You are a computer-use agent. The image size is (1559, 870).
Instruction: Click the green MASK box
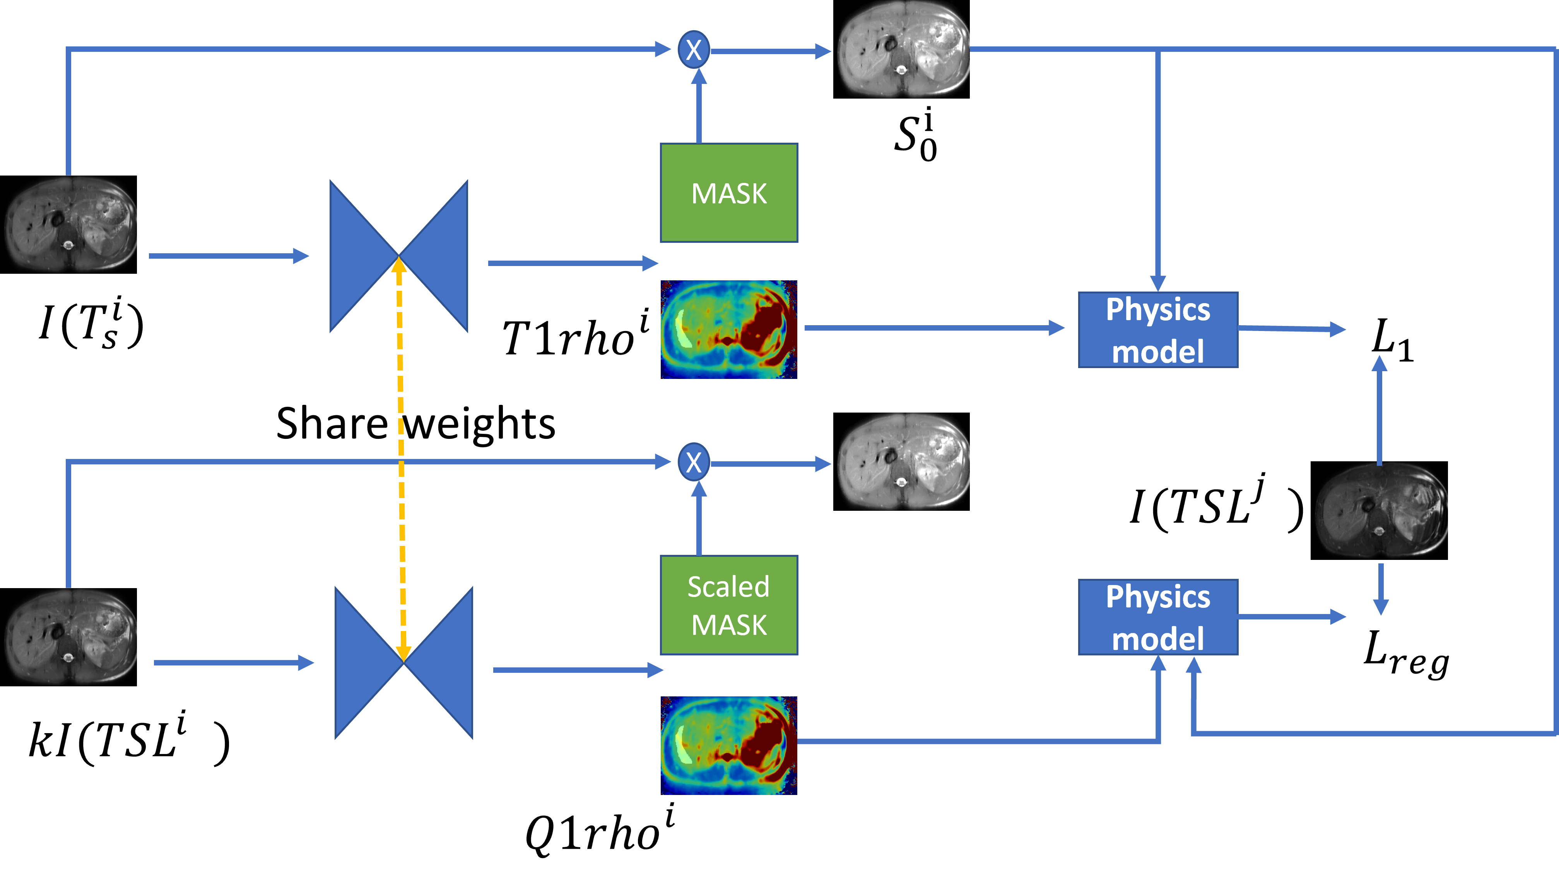(729, 193)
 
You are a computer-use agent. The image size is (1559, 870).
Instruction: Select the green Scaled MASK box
(729, 605)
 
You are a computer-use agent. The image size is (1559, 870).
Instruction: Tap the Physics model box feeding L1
(1158, 330)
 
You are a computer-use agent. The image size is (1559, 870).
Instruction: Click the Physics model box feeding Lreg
(1158, 617)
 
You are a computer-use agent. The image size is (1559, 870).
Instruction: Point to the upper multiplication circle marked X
(694, 49)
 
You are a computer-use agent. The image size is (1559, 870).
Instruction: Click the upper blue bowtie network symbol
(399, 256)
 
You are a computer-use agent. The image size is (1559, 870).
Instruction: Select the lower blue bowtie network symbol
(403, 662)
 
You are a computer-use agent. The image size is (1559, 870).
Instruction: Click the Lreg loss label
(1406, 654)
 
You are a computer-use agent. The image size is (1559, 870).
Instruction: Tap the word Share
(331, 423)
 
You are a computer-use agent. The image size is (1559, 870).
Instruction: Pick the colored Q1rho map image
(729, 745)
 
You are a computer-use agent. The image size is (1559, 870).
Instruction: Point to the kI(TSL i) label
(129, 739)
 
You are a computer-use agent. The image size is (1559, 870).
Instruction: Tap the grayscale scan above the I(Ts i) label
(68, 224)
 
